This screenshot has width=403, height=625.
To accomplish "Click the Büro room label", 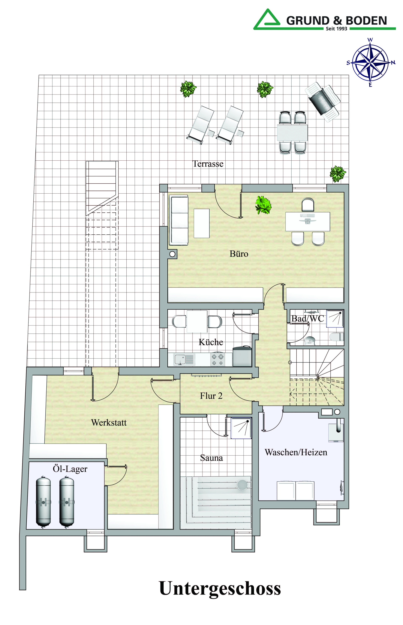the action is tap(239, 254).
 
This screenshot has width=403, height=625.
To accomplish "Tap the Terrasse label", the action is tap(208, 164).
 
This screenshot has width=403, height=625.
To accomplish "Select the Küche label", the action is tap(211, 342).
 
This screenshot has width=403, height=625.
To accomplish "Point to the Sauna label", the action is tap(212, 458).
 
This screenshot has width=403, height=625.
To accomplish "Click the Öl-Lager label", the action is tap(70, 469).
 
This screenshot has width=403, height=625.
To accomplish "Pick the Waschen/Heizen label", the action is tap(296, 452).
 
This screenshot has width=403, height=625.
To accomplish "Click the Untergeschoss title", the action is tap(220, 588).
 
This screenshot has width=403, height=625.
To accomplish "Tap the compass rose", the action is tap(370, 63).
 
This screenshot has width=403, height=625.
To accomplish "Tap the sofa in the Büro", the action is tap(179, 220).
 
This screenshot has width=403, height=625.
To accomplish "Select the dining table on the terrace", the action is tap(292, 133).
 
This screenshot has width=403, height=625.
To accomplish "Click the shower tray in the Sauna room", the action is tap(241, 428).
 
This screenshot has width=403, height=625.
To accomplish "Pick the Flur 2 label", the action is tap(211, 396).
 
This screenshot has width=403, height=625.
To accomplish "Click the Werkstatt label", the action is tap(109, 422).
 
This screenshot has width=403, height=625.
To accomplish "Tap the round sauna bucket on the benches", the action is tap(242, 485).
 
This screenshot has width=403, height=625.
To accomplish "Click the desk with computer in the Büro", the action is tap(307, 221).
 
